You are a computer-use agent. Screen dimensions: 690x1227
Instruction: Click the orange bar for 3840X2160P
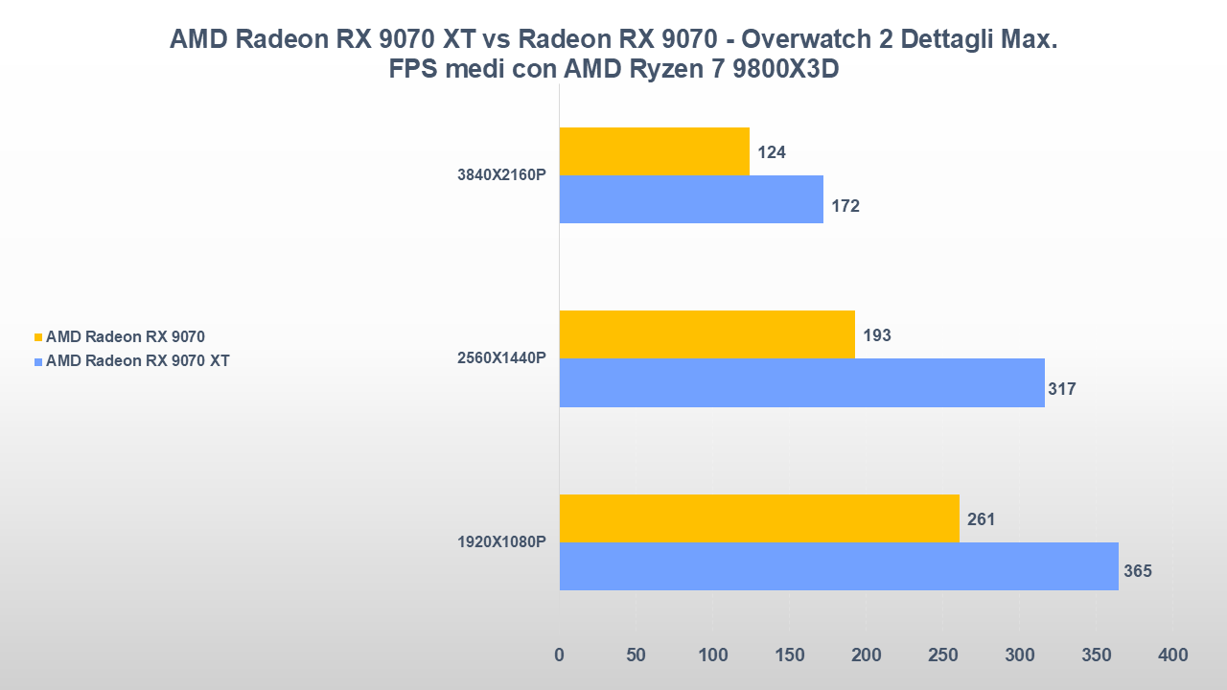click(654, 151)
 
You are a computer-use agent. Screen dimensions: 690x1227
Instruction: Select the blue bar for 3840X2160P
click(690, 199)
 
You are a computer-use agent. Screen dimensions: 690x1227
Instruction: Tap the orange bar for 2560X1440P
click(706, 334)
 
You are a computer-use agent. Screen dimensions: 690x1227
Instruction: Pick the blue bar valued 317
click(801, 382)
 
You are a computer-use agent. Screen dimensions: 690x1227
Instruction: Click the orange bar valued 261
click(758, 518)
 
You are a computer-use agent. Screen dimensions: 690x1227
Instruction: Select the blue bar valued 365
click(838, 566)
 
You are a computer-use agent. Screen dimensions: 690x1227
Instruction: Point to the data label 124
click(772, 151)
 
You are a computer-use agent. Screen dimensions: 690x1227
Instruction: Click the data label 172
click(845, 205)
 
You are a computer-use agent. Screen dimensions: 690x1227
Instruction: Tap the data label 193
click(877, 335)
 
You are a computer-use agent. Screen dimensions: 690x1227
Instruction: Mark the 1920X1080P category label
click(501, 542)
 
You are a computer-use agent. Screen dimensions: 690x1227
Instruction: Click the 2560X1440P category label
click(501, 358)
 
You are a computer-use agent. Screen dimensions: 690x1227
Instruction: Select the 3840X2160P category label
click(501, 175)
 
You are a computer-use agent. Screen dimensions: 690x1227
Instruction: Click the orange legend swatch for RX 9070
click(38, 337)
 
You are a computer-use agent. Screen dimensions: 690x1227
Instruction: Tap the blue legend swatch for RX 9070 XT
click(38, 362)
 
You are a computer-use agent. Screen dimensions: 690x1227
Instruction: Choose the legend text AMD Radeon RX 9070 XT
click(137, 361)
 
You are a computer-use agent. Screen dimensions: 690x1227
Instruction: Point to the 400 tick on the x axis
click(1172, 655)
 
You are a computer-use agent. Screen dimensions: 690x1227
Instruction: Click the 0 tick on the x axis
click(560, 655)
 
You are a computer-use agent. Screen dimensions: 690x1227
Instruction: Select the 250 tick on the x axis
click(942, 655)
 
